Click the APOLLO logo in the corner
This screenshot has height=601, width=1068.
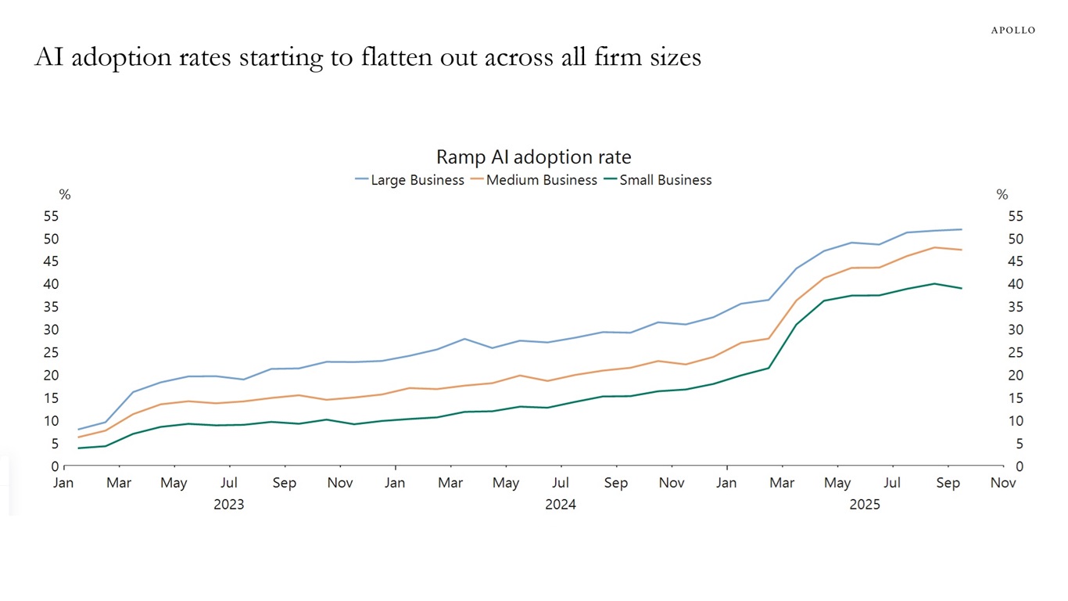[1012, 30]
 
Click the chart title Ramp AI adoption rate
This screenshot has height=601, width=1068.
[533, 157]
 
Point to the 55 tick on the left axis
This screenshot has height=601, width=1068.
[52, 216]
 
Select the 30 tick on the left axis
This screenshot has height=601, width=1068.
[52, 329]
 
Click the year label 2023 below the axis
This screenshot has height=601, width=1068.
[228, 505]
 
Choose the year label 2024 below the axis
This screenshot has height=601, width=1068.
[561, 505]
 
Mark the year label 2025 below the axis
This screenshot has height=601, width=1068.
[865, 505]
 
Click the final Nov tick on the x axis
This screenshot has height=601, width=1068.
[1003, 483]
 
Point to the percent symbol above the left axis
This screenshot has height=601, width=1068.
[65, 195]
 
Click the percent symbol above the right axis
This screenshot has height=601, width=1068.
[1002, 195]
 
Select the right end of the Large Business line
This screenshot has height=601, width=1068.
[961, 229]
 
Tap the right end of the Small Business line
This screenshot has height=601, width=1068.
[961, 288]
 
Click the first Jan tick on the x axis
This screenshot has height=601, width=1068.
[63, 483]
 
